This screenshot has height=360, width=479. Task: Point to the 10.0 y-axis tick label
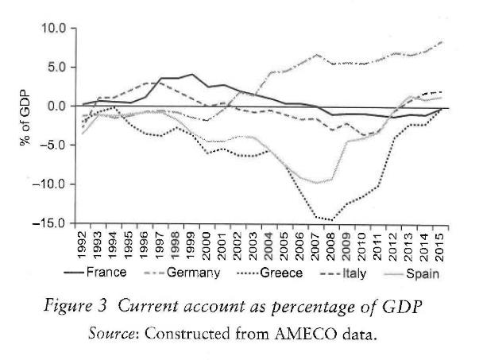tap(49, 29)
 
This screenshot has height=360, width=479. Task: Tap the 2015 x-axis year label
tap(439, 242)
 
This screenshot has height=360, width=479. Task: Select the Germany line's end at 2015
tap(441, 41)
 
